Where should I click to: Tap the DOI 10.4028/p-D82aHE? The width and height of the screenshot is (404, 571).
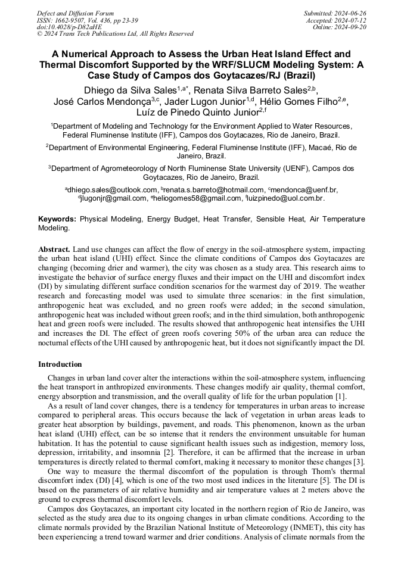point(69,27)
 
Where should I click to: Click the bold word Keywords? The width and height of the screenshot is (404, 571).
point(57,219)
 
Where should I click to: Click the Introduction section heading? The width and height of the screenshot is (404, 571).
point(60,364)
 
